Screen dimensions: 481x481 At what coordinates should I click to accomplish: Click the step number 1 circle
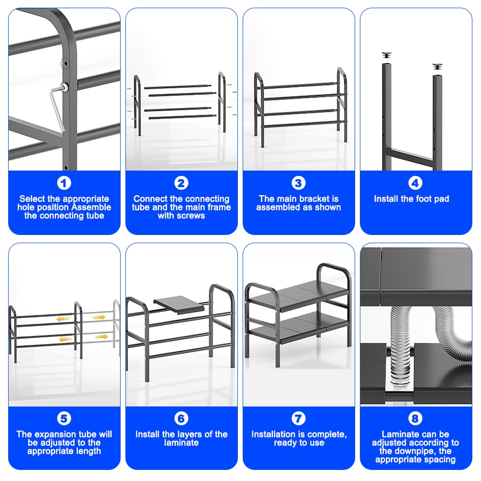(x=64, y=183)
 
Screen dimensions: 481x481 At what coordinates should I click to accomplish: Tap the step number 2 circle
(x=181, y=183)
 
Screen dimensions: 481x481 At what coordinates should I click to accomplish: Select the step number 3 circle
(x=298, y=183)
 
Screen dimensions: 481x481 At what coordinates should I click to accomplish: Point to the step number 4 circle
(x=415, y=183)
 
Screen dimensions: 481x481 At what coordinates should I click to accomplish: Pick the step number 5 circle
(x=64, y=419)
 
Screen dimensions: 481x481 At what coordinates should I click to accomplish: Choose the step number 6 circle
(x=181, y=419)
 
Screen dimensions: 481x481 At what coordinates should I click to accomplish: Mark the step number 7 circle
(x=298, y=419)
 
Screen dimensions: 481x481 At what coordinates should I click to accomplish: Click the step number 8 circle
(x=415, y=419)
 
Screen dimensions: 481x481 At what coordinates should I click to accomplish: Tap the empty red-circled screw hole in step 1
(x=65, y=63)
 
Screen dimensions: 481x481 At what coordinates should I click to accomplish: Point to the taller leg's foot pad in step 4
(x=386, y=56)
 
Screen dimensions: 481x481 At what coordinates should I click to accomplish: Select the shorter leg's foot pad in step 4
(x=437, y=67)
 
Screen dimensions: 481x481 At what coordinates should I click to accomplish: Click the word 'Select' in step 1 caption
(x=32, y=198)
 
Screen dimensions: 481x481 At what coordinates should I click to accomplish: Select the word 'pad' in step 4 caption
(x=442, y=199)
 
